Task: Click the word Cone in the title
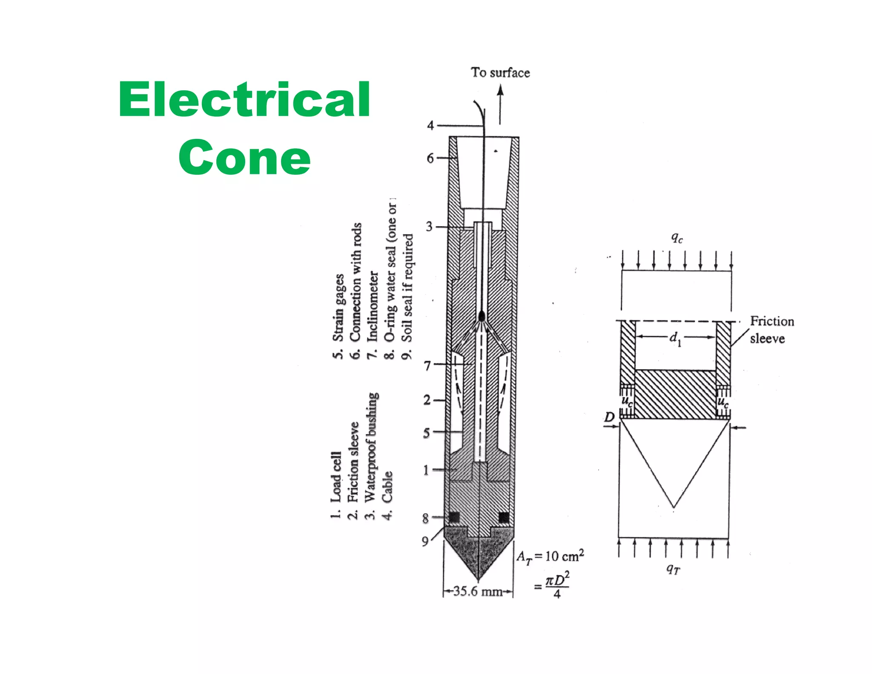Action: [244, 157]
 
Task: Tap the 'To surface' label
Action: [500, 72]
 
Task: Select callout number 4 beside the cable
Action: [430, 125]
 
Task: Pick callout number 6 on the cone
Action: [430, 158]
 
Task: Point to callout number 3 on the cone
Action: [429, 227]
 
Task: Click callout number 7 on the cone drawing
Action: [428, 365]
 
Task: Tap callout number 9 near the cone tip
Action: [425, 541]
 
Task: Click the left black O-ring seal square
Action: [454, 517]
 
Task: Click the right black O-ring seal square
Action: [504, 517]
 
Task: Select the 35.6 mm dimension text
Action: [478, 591]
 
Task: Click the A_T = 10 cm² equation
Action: [550, 556]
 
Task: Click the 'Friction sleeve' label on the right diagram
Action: [772, 329]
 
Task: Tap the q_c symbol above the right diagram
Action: [677, 237]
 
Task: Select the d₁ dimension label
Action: [675, 338]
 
